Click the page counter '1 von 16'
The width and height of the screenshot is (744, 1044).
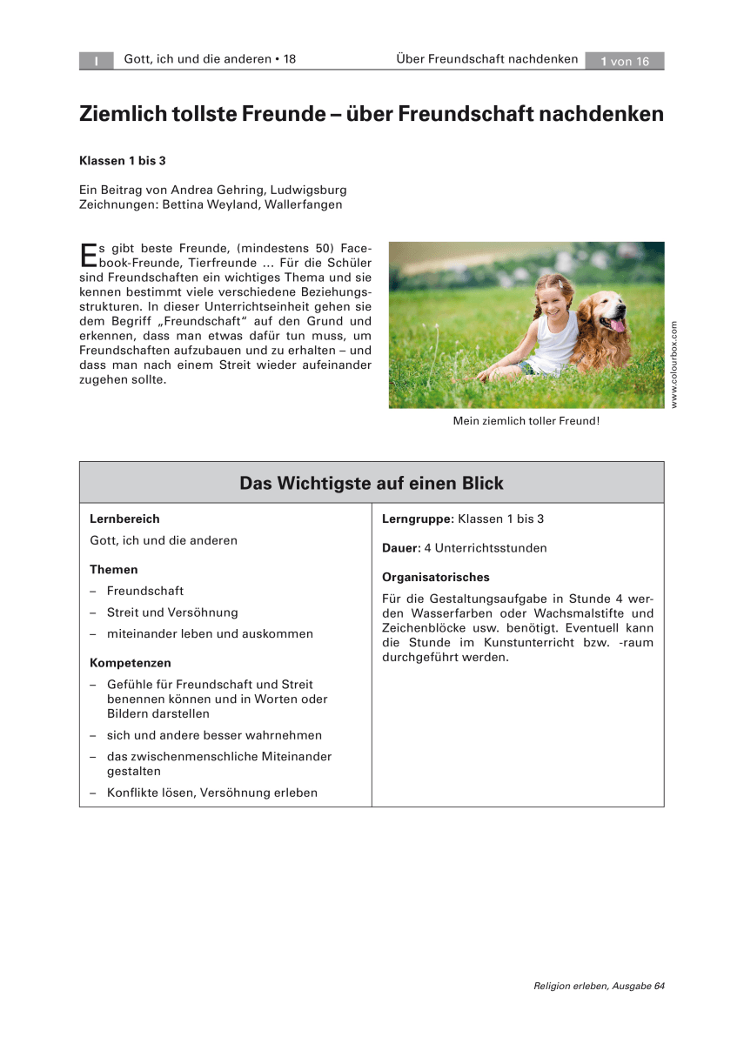pos(625,61)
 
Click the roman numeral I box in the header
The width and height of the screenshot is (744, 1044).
pos(97,61)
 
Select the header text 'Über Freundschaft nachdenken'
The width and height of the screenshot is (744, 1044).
pos(486,59)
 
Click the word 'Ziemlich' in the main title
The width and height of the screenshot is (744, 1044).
pos(123,114)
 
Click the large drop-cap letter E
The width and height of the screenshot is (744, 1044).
pos(88,254)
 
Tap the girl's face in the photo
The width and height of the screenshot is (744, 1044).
pos(550,298)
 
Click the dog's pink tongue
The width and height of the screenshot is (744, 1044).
pos(619,325)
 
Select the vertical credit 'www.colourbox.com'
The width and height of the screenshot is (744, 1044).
pos(674,364)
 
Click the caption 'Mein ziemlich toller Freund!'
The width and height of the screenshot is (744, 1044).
pos(526,421)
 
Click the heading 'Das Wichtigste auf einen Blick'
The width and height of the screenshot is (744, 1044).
pos(372,483)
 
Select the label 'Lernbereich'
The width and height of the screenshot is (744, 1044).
pos(124,519)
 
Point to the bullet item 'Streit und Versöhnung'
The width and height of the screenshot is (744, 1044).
pos(172,612)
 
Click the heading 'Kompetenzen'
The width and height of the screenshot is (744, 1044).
pos(131,663)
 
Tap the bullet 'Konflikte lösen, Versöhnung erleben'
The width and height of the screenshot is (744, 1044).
pos(212,793)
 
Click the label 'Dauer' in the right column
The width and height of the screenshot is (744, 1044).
pos(399,548)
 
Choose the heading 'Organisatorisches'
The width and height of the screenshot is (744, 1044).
pos(436,577)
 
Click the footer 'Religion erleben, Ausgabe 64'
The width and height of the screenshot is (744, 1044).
pos(599,986)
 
